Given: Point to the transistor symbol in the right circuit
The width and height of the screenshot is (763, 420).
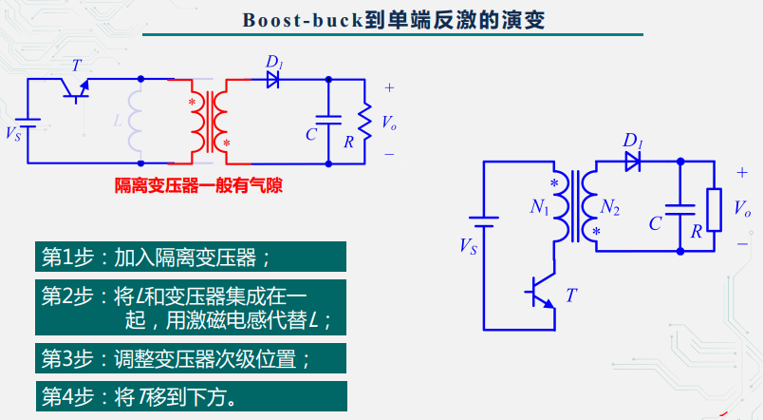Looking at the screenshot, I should coord(543,293).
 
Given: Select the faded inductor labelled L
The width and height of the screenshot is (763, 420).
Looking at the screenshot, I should coord(135,121).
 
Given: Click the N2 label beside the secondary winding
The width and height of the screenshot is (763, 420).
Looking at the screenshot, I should coord(610,208).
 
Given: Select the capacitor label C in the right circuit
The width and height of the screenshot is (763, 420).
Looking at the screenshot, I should coord(655,224).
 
